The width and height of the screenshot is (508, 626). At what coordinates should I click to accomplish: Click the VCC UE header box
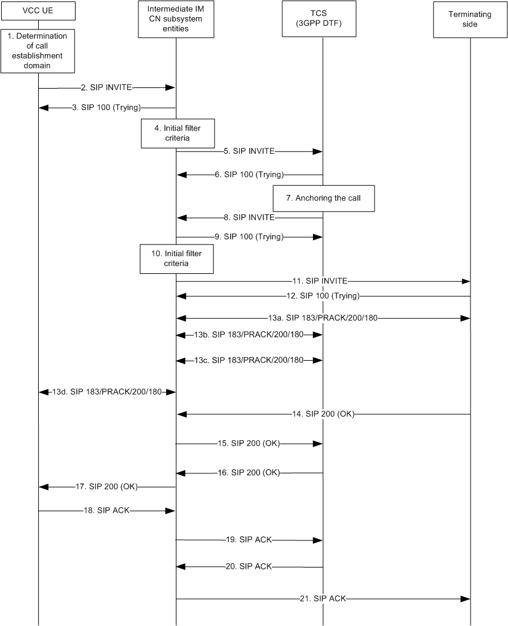coord(38,10)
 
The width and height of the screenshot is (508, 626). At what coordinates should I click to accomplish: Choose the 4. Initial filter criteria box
coord(177,132)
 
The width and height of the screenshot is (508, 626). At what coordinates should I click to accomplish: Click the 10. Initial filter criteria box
coord(177,259)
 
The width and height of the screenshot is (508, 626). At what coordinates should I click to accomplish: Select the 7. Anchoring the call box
coord(325,198)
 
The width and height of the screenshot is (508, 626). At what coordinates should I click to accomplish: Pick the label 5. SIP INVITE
coord(248,150)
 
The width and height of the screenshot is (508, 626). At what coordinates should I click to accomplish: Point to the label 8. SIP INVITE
coord(248,217)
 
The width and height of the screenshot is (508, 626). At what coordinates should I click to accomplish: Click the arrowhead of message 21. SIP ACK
coord(466,598)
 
